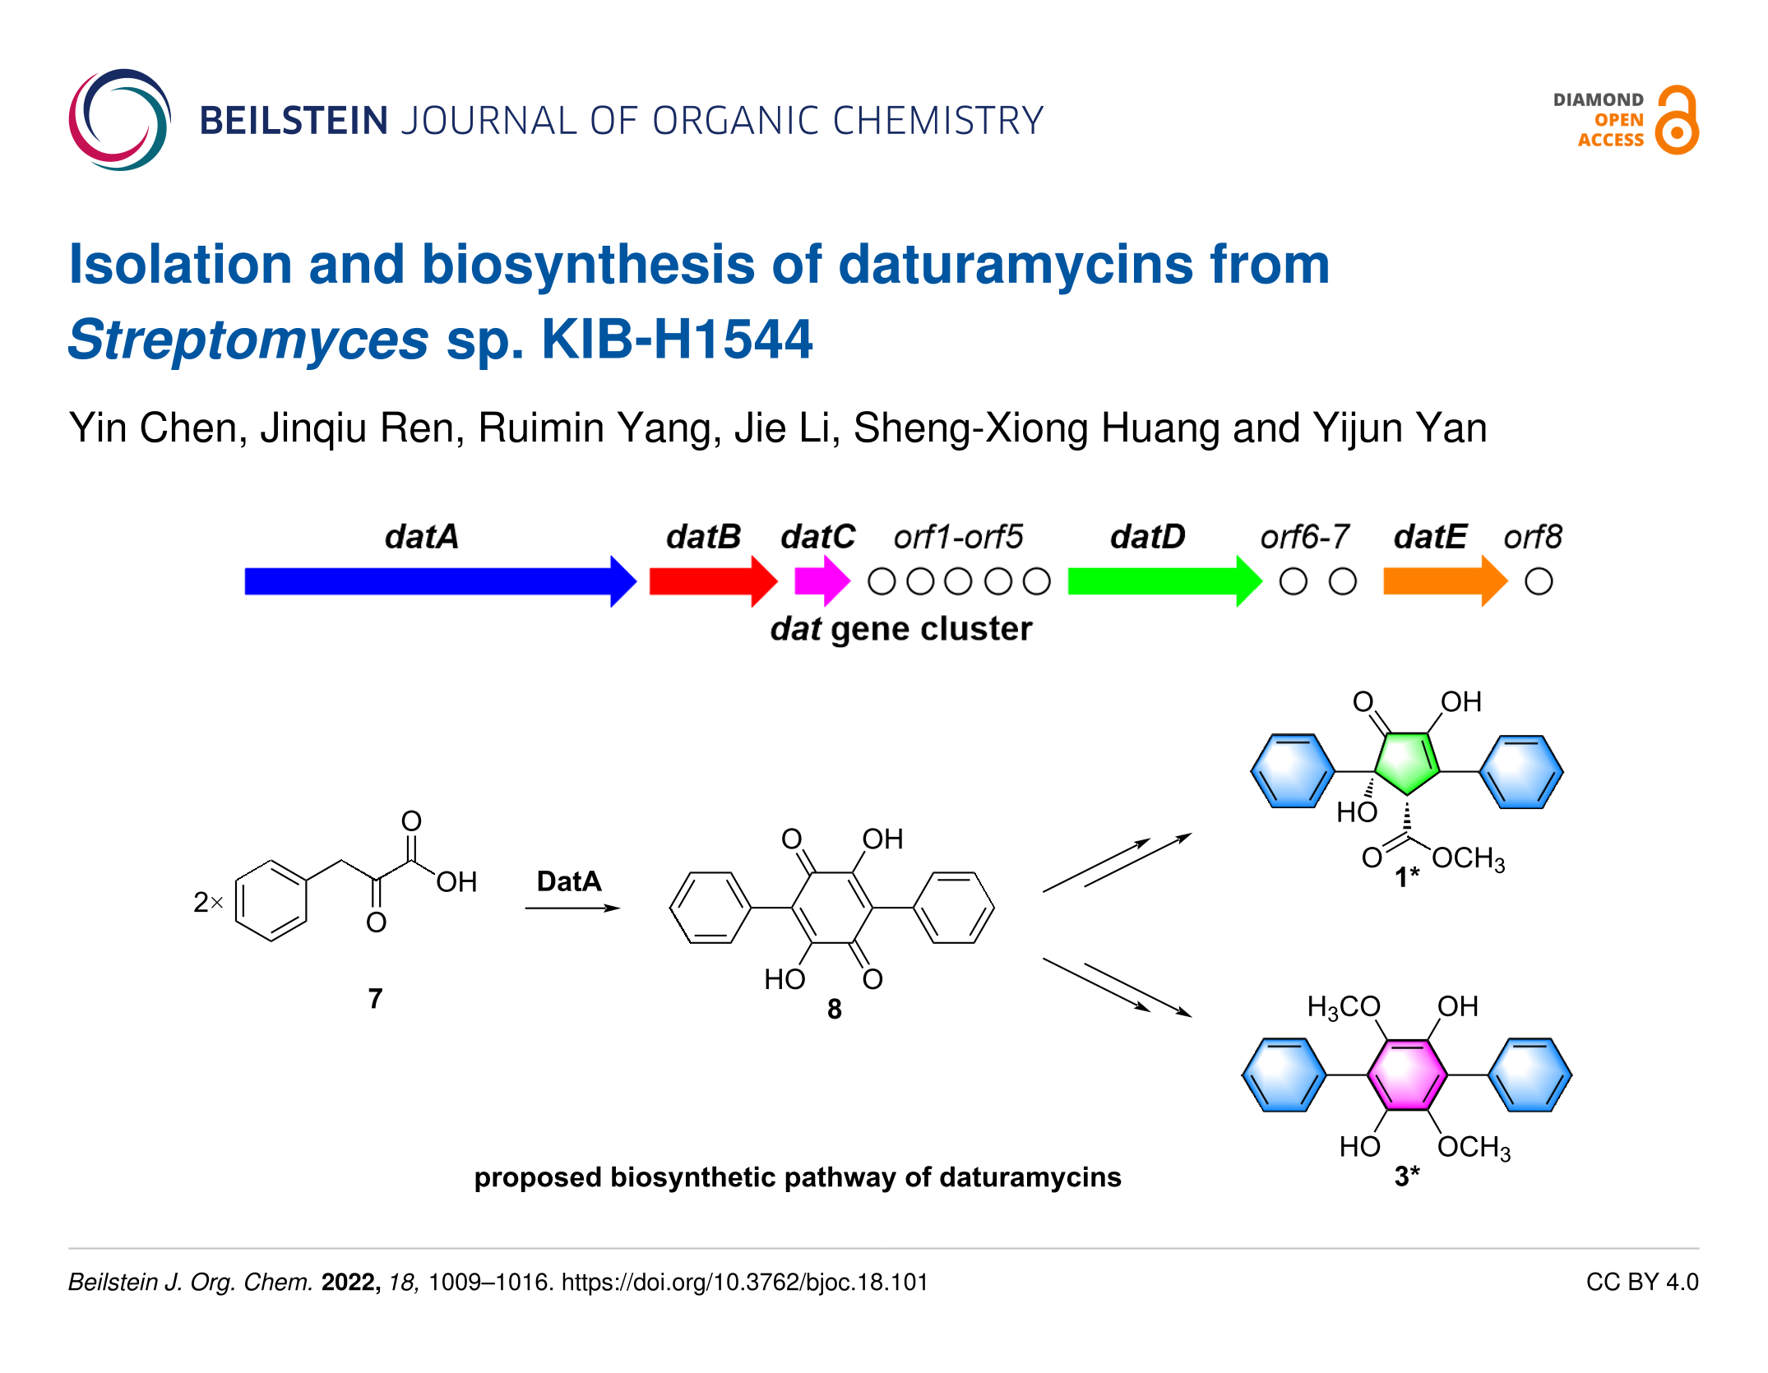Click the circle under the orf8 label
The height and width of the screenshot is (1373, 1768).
click(x=1539, y=582)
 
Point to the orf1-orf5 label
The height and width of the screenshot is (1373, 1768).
click(x=958, y=537)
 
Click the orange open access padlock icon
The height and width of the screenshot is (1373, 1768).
click(x=1678, y=120)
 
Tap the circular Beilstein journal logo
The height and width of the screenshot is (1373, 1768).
click(x=120, y=120)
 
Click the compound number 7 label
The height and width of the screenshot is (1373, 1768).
click(x=375, y=998)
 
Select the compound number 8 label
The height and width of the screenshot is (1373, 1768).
click(x=834, y=1009)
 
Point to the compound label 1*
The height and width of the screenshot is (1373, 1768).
click(x=1407, y=877)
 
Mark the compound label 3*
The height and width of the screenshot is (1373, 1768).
click(x=1407, y=1177)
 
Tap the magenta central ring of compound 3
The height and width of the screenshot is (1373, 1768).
click(x=1407, y=1075)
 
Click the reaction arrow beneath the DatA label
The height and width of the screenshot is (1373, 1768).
click(x=572, y=908)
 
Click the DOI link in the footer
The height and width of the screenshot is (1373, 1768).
click(x=744, y=1282)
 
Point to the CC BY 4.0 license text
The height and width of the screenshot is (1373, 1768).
click(x=1641, y=1282)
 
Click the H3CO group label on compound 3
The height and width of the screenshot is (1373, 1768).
click(x=1343, y=1007)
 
